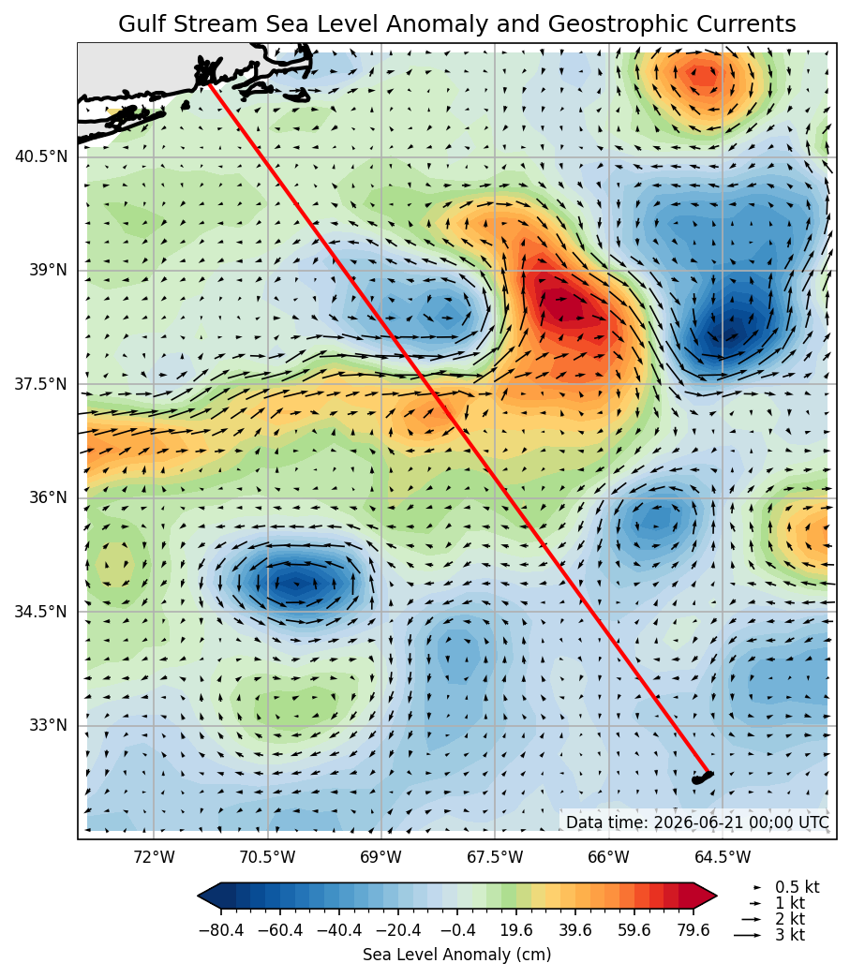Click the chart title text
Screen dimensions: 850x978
coord(456,23)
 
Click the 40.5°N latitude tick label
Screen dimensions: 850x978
coord(41,156)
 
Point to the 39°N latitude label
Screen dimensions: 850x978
coord(48,270)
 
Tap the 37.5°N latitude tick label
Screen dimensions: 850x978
coord(41,383)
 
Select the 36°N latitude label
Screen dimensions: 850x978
coord(48,497)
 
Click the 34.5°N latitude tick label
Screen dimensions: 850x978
coord(41,611)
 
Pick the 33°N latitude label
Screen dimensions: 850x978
coord(48,725)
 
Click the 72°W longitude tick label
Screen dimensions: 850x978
coord(154,857)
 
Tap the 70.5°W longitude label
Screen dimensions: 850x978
coord(268,857)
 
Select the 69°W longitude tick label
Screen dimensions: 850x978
coord(381,857)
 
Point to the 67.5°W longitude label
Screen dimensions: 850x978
coord(495,857)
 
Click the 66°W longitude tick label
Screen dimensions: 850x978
coord(609,857)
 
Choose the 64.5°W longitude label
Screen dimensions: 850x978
coord(723,857)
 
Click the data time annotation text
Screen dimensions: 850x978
coord(698,822)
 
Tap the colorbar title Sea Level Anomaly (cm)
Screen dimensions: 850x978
coord(456,955)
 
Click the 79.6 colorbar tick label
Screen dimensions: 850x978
coord(693,930)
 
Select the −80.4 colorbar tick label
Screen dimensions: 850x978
coord(221,930)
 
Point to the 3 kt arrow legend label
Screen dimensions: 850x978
coord(790,935)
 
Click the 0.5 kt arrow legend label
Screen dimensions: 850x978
coord(797,887)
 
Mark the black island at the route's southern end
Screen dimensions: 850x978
coord(702,778)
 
